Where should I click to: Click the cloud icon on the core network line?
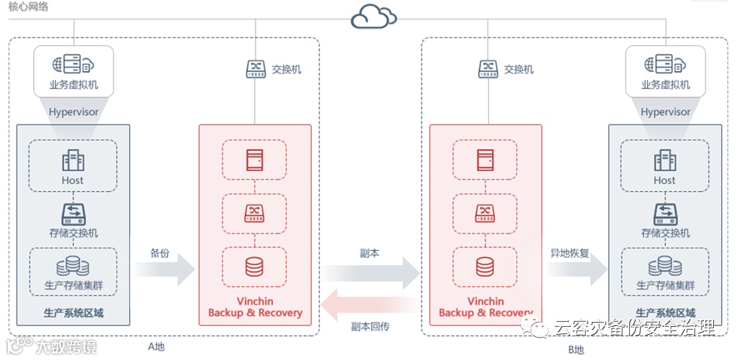tap(373, 18)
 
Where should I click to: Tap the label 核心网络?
tap(28, 6)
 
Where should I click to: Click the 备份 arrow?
tap(164, 269)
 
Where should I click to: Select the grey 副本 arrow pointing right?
tap(371, 273)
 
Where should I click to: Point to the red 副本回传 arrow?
tap(369, 305)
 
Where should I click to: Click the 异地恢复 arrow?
tap(577, 269)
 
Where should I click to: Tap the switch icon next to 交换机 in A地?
tap(256, 69)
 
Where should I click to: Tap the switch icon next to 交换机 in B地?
tap(488, 69)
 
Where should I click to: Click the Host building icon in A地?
tap(73, 161)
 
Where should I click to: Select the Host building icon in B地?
tap(665, 161)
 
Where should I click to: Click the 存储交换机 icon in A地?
tap(73, 215)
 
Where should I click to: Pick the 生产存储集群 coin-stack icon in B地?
tap(665, 266)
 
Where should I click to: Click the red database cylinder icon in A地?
tap(254, 267)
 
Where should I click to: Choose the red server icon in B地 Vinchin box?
tap(485, 160)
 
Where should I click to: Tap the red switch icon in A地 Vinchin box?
tap(254, 213)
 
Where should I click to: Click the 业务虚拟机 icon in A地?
tap(73, 64)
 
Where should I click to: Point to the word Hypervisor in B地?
tap(665, 112)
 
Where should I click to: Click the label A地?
tap(157, 347)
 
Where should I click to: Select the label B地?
tap(575, 350)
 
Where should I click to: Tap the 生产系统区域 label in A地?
tap(73, 313)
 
